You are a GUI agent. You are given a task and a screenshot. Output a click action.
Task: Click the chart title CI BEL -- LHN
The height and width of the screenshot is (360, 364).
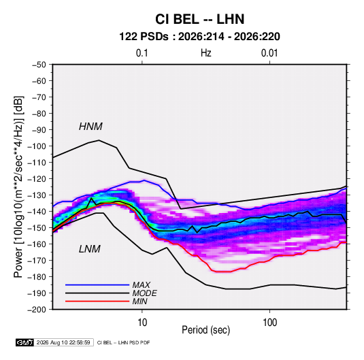pos(199,19)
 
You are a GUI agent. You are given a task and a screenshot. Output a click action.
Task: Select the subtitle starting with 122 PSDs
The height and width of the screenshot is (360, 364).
pos(199,37)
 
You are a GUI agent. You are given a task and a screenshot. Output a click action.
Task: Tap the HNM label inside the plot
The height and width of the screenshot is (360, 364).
pos(90,127)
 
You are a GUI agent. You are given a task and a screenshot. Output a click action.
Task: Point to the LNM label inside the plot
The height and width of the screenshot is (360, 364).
pos(90,249)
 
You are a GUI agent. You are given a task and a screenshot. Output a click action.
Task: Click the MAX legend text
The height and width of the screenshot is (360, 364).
pos(141,285)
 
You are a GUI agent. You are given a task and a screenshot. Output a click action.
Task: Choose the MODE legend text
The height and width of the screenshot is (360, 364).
pos(145,293)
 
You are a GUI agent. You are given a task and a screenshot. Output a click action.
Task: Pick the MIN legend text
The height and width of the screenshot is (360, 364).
pos(139,301)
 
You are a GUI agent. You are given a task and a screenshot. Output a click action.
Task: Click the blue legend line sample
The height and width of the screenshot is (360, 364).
pos(97,285)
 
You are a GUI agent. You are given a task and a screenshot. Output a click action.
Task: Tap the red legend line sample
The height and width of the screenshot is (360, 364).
pos(97,301)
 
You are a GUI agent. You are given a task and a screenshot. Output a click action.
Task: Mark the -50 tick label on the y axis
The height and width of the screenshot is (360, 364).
pos(39,65)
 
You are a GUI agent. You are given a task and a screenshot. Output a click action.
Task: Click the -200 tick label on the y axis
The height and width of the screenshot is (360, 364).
pos(37,310)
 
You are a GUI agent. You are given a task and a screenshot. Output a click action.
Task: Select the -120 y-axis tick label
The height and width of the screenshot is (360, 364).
pos(37,179)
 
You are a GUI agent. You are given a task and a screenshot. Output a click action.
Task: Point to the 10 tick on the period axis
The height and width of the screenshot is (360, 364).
pos(142,323)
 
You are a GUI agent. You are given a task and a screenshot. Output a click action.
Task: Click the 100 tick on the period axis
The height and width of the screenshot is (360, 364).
pos(269,323)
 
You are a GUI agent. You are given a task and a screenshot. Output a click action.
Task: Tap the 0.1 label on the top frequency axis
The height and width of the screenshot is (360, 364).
pos(142,53)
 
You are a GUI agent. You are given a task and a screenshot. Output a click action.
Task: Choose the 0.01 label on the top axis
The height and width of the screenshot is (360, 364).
pos(269,53)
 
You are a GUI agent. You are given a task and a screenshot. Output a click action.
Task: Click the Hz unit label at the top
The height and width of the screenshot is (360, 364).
pos(206,53)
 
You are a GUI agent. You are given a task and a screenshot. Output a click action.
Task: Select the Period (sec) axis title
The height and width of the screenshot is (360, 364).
pos(206,330)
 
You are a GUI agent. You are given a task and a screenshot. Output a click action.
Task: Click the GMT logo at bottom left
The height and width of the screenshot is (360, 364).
pos(25,342)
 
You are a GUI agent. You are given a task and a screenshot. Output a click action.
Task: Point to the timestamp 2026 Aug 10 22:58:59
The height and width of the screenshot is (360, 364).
pos(63,342)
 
